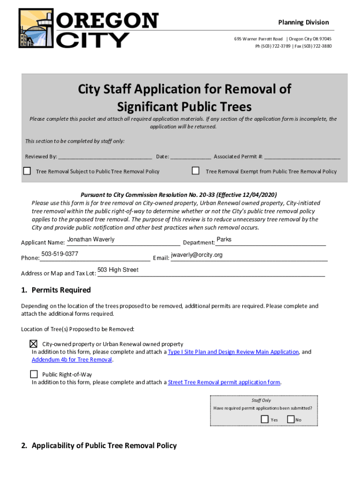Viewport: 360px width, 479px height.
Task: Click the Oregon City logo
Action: pyautogui.click(x=88, y=29)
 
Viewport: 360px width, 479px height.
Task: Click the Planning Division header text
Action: pyautogui.click(x=303, y=22)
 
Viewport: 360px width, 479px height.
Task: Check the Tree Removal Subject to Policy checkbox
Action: pyautogui.click(x=27, y=171)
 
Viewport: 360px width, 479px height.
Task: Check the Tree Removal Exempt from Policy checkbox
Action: pyautogui.click(x=196, y=171)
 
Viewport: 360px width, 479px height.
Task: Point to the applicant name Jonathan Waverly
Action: pyautogui.click(x=91, y=239)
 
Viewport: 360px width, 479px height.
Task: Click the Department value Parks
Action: pyautogui.click(x=224, y=239)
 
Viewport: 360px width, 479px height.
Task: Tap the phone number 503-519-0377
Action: pyautogui.click(x=60, y=254)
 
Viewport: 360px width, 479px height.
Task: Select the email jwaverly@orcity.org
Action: pyautogui.click(x=197, y=255)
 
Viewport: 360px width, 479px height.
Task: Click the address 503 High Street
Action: pyautogui.click(x=118, y=270)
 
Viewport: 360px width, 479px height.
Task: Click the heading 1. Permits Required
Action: pyautogui.click(x=56, y=290)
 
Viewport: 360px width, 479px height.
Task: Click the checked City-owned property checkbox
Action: pyautogui.click(x=34, y=343)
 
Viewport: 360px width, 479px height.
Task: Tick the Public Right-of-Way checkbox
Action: pyautogui.click(x=34, y=374)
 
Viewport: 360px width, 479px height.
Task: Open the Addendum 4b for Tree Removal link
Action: pyautogui.click(x=72, y=360)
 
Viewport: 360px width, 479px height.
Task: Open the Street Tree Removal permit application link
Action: pyautogui.click(x=224, y=382)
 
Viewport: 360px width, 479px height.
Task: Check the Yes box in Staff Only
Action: pyautogui.click(x=265, y=419)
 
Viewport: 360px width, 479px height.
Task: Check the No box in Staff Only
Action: pyautogui.click(x=291, y=419)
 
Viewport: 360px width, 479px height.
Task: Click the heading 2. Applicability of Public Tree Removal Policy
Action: pyautogui.click(x=99, y=445)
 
